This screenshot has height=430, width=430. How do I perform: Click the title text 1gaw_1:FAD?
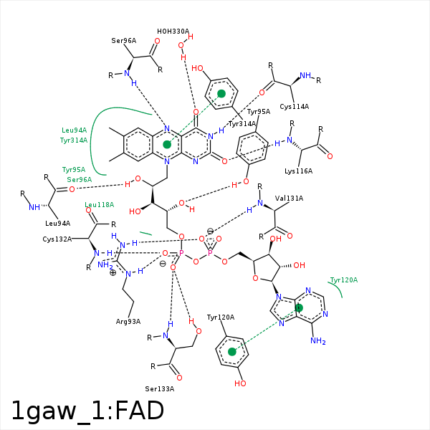pos(87,411)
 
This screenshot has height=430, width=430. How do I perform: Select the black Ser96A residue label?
pos(124,41)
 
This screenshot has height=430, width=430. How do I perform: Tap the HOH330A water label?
pos(173,32)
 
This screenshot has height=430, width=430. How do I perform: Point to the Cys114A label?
pos(295,107)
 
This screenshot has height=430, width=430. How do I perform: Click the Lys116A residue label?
pos(298,171)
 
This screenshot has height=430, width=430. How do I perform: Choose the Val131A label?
pos(290,198)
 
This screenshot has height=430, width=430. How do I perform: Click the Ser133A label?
pos(159,388)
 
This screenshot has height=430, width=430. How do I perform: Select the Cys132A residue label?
pos(57,239)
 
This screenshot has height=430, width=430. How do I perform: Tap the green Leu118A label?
pos(100,205)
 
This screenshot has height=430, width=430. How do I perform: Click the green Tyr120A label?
pos(343,279)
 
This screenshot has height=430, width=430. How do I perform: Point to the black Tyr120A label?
pos(221,317)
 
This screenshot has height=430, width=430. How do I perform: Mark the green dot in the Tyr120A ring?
pos(231,352)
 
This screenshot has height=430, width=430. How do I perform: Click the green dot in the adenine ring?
pos(299,307)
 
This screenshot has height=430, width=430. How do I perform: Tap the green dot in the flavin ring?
pos(167,144)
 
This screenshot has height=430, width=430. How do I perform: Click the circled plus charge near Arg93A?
pos(113,273)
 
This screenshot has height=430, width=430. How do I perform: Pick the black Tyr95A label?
pos(259,112)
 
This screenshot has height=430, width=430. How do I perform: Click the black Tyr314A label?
pos(242,124)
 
